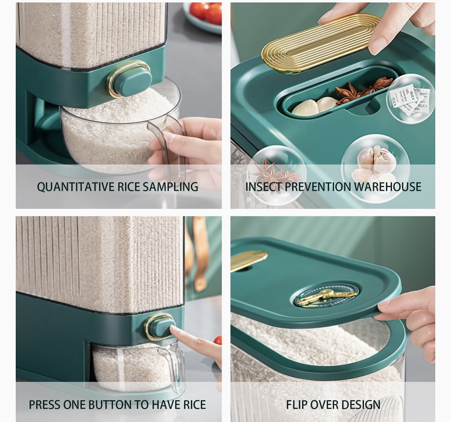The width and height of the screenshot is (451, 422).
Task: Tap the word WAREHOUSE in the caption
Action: coord(388,187)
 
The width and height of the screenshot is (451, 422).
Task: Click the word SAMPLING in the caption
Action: coord(170,187)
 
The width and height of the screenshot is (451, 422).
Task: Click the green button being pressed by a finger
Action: coord(162,328)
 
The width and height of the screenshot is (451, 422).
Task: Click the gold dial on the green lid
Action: coord(327,295)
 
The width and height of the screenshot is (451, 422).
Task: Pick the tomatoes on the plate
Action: coord(206,12)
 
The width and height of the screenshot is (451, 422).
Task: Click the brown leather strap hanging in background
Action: coord(200,253)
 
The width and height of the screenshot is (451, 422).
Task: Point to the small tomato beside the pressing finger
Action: coord(218,340)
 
